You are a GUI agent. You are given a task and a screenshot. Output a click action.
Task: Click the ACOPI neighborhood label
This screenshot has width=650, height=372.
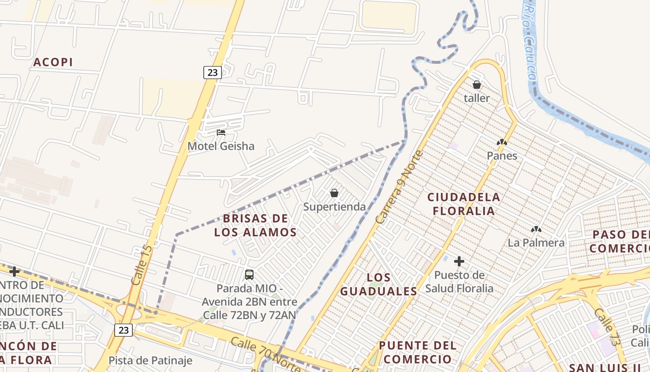pos(53,62)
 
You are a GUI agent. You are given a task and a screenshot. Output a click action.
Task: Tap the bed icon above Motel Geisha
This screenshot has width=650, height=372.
pos(221,133)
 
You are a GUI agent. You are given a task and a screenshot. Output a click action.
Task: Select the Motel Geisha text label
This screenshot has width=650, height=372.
pos(221,146)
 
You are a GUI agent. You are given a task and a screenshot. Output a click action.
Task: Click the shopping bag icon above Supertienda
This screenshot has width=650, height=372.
pos(334,193)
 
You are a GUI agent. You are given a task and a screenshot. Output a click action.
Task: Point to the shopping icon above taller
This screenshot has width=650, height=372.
pos(477,85)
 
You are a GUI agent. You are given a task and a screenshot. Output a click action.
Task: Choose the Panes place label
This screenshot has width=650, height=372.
pos(502,156)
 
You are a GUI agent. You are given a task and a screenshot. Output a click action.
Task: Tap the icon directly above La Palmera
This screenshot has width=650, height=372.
pos(536,229)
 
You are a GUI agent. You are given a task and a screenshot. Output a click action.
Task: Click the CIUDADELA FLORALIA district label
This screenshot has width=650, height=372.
pos(464,204)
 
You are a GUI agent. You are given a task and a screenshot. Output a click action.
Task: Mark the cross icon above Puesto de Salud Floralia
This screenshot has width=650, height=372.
pos(459,261)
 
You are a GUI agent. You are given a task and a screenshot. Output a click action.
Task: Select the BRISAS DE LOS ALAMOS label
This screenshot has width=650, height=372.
pos(255,225)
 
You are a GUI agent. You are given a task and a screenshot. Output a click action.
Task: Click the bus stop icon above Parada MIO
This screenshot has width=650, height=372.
pos(249,275)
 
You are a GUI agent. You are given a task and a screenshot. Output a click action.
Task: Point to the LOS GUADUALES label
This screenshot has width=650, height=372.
pos(379,285)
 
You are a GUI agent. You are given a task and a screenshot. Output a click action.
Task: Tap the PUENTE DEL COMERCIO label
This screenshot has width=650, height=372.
pos(418,352)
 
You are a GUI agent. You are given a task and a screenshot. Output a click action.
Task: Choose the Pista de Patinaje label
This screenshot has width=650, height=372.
pos(150,360)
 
